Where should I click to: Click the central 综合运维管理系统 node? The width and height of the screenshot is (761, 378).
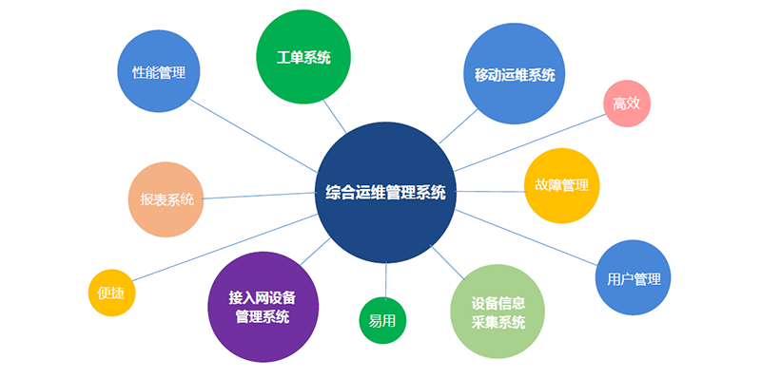pos(386,193)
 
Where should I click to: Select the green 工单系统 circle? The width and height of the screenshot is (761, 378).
pos(303,57)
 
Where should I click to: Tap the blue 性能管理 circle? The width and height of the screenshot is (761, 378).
pos(159,71)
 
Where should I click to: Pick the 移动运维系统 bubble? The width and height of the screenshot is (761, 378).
pos(515,74)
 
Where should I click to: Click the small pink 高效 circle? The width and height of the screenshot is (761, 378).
pos(627,104)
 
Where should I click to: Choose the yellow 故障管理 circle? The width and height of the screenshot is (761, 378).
pos(562,185)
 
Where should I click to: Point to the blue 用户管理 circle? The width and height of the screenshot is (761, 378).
pos(633,277)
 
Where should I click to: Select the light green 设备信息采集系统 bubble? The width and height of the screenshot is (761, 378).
pos(498,312)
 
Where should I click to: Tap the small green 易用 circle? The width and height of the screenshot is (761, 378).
pos(382,321)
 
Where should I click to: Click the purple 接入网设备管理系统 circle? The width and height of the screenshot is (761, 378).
pos(263,307)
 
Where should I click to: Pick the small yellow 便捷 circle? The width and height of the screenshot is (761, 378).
pos(111,293)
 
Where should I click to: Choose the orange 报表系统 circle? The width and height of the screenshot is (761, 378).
pos(166,199)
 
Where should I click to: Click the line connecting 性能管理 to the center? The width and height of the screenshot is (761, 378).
pos(253,136)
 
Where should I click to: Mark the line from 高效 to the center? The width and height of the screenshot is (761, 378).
pos(530,142)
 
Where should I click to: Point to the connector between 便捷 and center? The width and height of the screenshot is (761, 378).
pos(225,247)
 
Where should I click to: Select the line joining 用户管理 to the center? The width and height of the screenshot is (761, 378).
pos(526,237)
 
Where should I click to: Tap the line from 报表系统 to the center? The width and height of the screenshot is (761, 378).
pos(260,196)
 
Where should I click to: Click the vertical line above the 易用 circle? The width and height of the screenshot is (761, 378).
pos(386,280)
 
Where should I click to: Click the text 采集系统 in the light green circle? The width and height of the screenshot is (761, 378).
pos(498,322)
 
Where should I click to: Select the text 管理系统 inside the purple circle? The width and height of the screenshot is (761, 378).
pos(263,317)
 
